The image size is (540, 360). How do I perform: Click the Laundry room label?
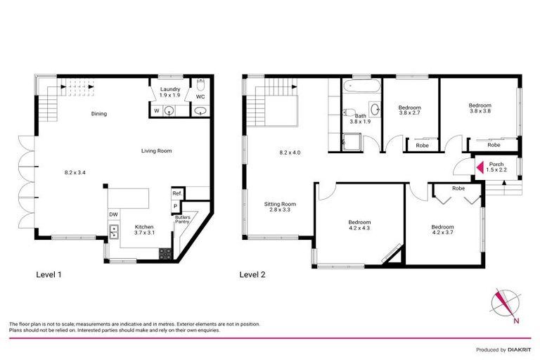pos(170,92)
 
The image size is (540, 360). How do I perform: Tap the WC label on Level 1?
pos(200,96)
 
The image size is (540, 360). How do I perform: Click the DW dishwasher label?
pos(112,214)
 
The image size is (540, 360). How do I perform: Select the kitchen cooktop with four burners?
pos(166,255)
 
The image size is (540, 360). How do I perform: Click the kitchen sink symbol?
pos(112,230)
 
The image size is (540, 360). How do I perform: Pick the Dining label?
pos(98,114)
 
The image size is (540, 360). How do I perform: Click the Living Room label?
pos(157,150)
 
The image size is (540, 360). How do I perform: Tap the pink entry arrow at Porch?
pos(477,167)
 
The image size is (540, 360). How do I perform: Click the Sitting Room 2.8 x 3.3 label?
pos(279,207)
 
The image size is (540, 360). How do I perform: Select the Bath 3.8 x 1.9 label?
pos(361,119)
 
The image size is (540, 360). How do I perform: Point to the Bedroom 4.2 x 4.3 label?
pos(359,225)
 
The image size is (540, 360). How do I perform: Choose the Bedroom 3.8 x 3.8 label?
pos(480,108)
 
